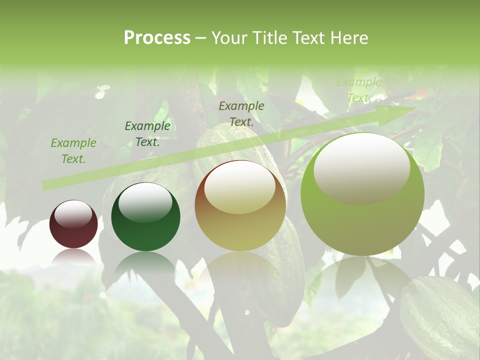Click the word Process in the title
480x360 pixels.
[157, 38]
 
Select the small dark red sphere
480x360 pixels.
[73, 224]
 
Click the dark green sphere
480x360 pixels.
[145, 217]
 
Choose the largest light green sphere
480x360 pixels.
[362, 194]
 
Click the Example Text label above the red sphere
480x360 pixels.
[73, 151]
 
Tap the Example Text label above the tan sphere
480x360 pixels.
[241, 113]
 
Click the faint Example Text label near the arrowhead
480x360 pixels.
[358, 90]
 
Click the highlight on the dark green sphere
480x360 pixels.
[145, 202]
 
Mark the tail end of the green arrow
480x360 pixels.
[46, 185]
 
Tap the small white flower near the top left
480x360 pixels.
[102, 91]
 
